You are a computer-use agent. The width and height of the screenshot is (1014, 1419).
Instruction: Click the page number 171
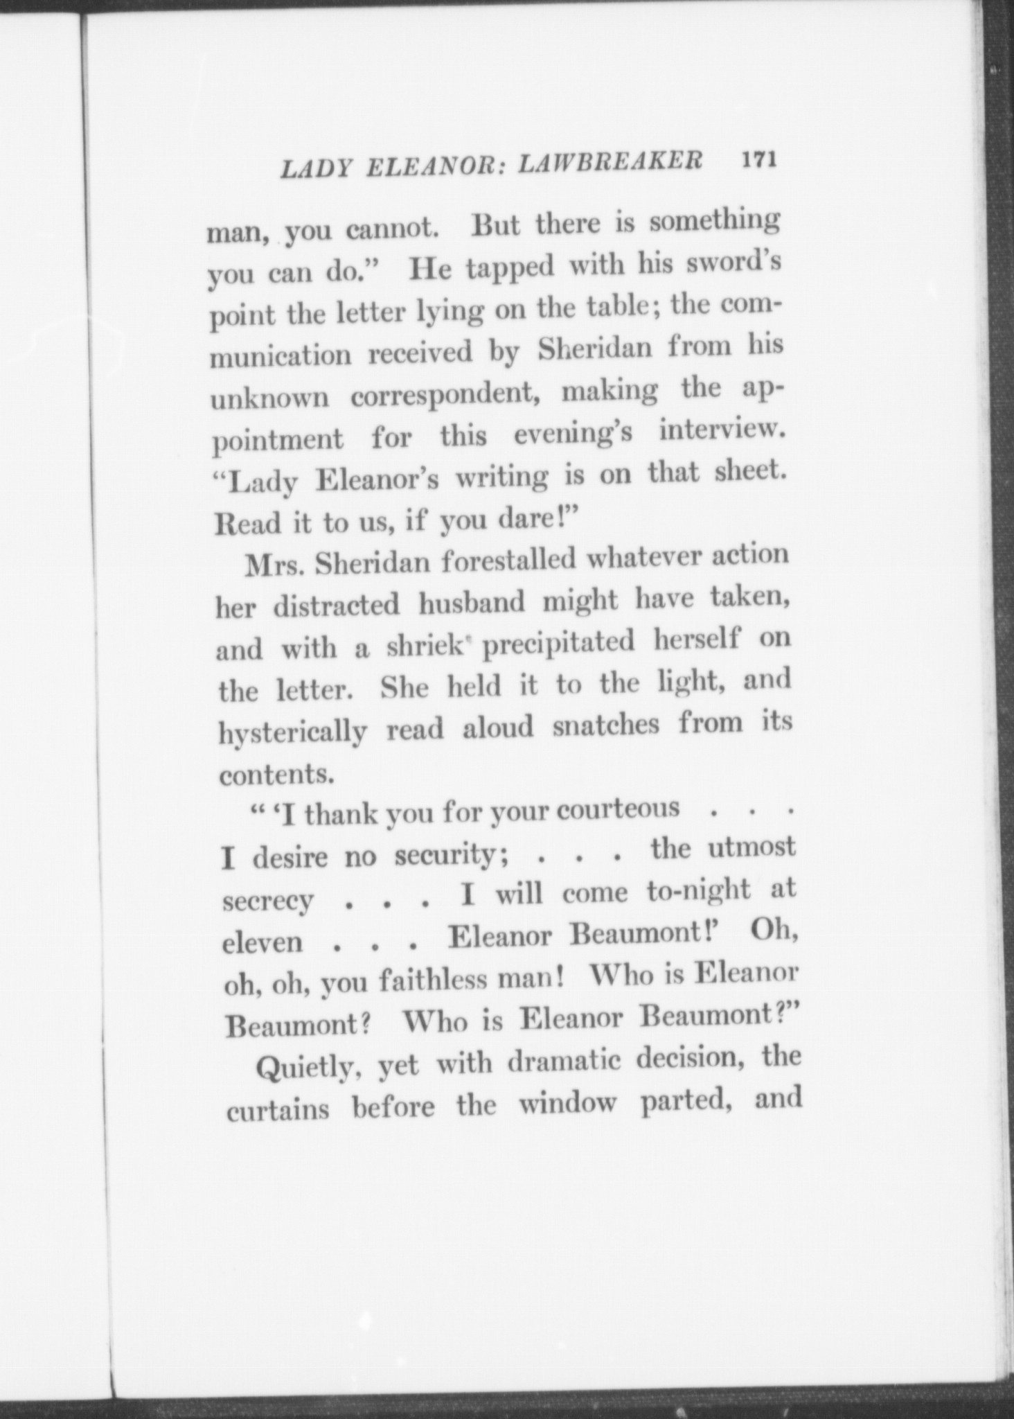click(x=760, y=160)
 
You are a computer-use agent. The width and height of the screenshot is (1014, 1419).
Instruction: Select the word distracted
click(x=337, y=606)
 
